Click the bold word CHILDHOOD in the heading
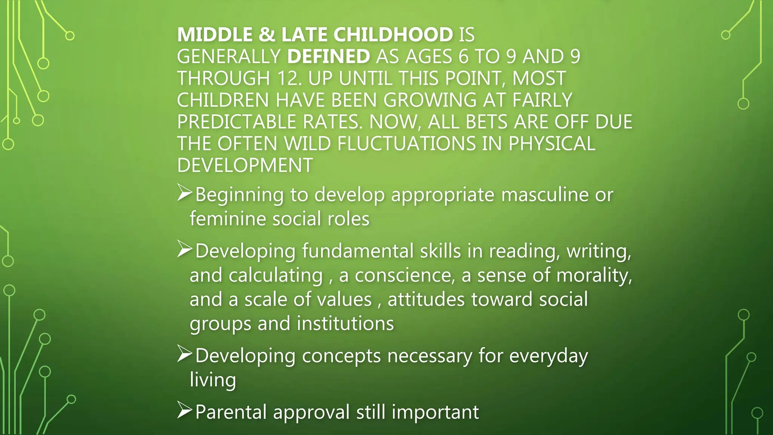tap(393, 35)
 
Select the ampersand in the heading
tap(267, 35)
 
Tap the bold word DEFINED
tap(328, 57)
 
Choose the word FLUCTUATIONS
tap(406, 144)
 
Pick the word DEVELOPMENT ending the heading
tap(245, 165)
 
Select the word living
tap(213, 380)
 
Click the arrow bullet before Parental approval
tap(184, 410)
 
